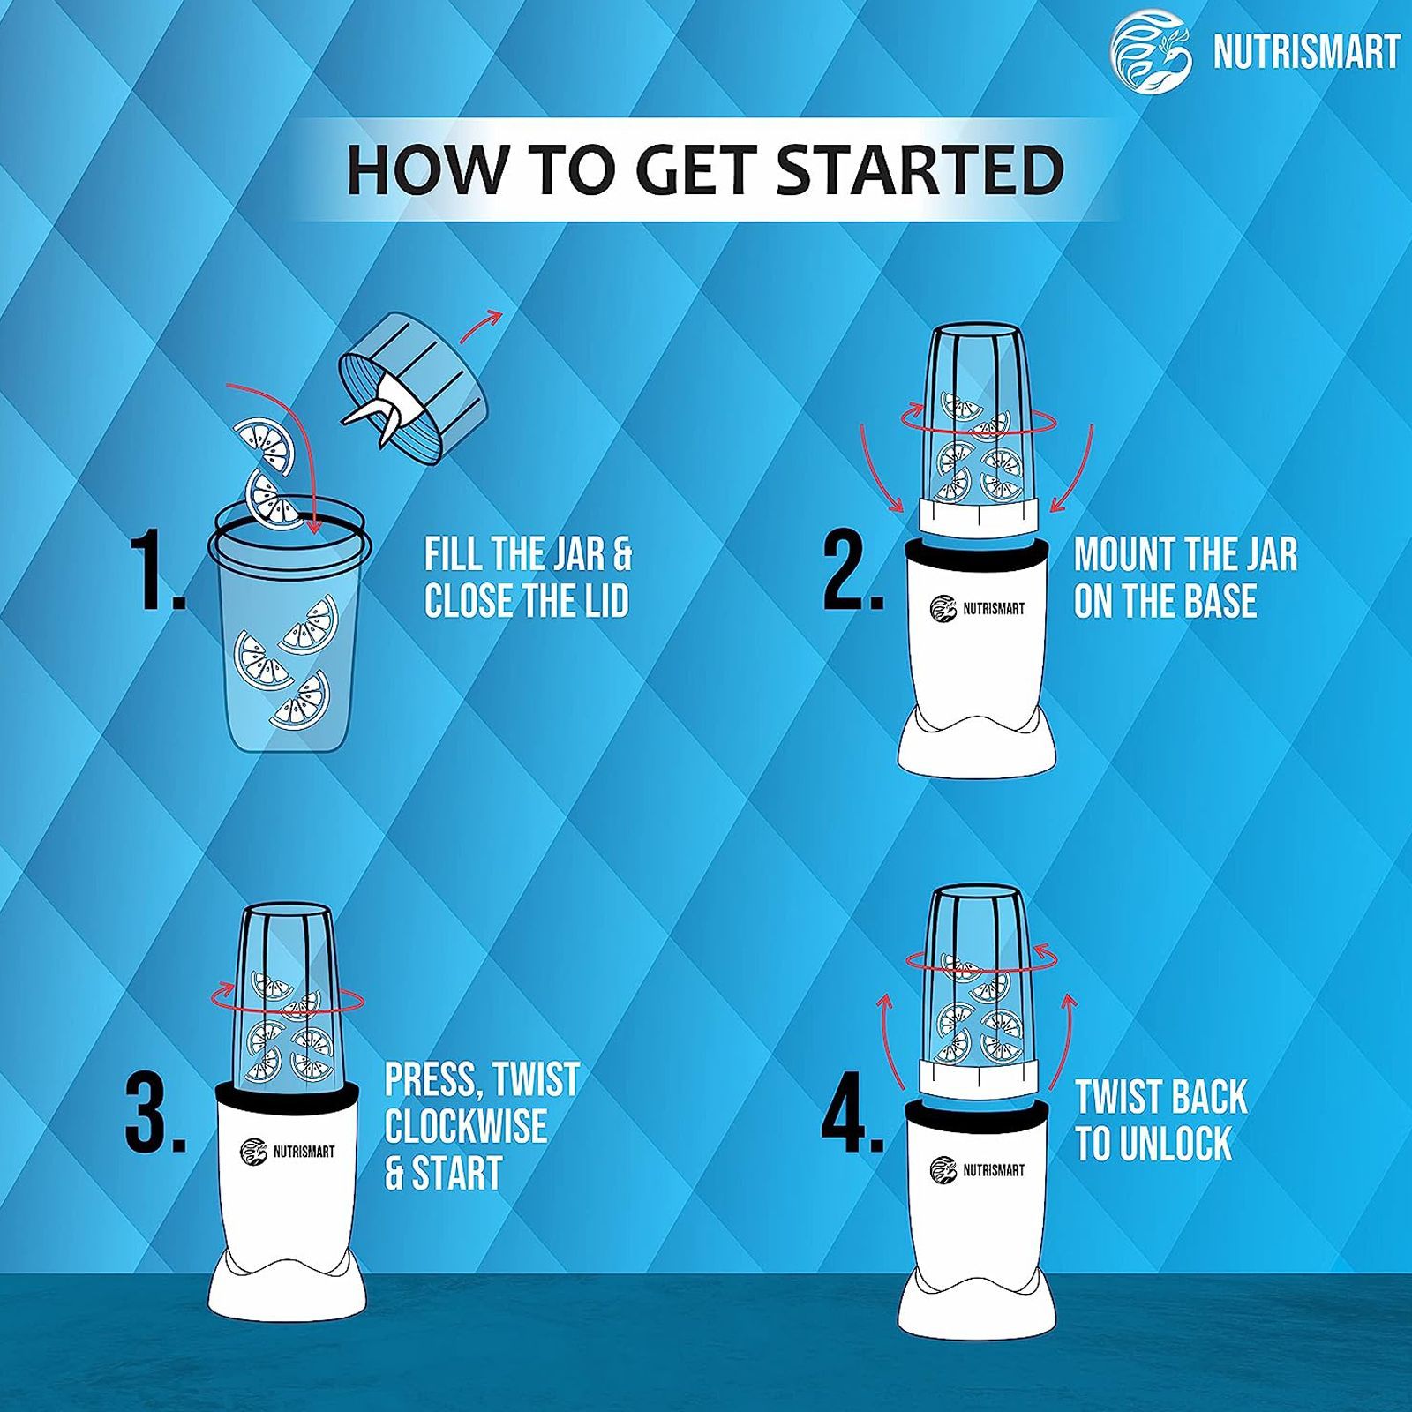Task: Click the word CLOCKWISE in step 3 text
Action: point(465,1126)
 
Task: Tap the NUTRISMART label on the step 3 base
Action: point(288,1152)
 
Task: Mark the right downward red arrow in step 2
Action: point(1080,466)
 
